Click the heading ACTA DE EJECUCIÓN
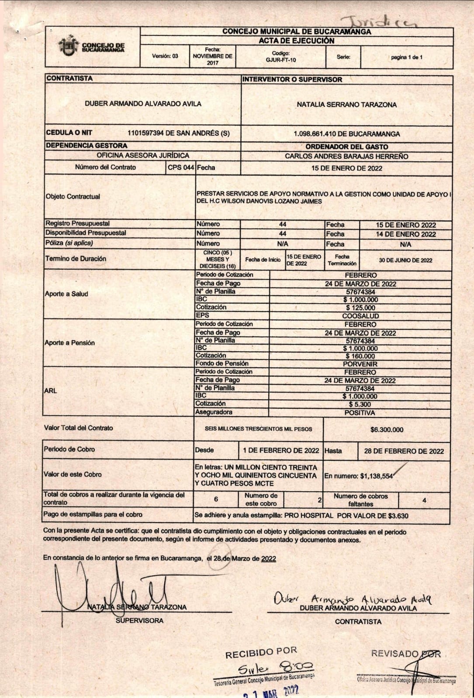(x=296, y=41)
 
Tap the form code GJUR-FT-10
(x=280, y=60)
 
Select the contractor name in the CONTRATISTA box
(x=143, y=104)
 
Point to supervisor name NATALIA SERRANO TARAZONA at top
(x=346, y=105)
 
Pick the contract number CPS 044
(x=181, y=168)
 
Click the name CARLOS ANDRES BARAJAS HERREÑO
(x=346, y=156)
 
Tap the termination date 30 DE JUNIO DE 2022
(x=405, y=260)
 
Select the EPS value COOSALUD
(x=360, y=316)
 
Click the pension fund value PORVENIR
(x=360, y=364)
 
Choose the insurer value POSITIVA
(x=360, y=413)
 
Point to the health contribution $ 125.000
(x=360, y=308)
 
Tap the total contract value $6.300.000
(x=387, y=430)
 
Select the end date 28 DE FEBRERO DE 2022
(x=404, y=451)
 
